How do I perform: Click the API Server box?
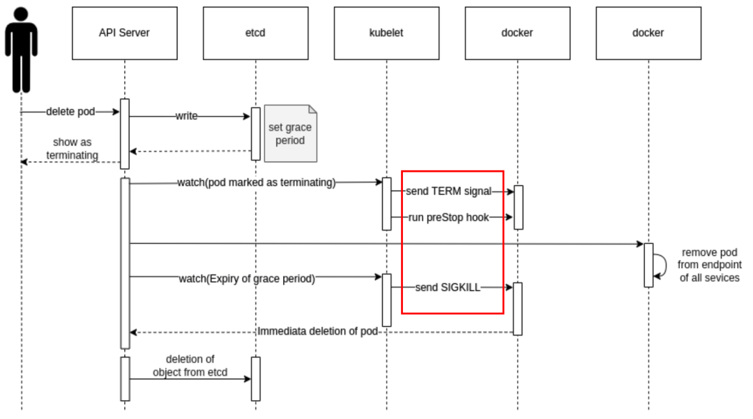pyautogui.click(x=124, y=33)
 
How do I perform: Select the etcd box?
pyautogui.click(x=255, y=33)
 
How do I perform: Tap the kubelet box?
pyautogui.click(x=386, y=33)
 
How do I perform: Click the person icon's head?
pyautogui.click(x=21, y=16)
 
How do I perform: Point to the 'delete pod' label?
pyautogui.click(x=70, y=112)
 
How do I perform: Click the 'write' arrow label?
pyautogui.click(x=186, y=117)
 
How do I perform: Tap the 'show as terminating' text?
pyautogui.click(x=72, y=149)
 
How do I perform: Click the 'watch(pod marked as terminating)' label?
pyautogui.click(x=257, y=183)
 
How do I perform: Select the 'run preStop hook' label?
pyautogui.click(x=448, y=218)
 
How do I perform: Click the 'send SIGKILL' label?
pyautogui.click(x=448, y=287)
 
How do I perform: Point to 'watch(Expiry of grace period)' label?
pyautogui.click(x=247, y=279)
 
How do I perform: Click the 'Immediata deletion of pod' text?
pyautogui.click(x=317, y=331)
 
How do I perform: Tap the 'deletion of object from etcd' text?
pyautogui.click(x=190, y=366)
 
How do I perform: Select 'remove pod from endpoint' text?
pyautogui.click(x=709, y=265)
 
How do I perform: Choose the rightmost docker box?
pyautogui.click(x=648, y=33)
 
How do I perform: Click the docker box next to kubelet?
pyautogui.click(x=517, y=33)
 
